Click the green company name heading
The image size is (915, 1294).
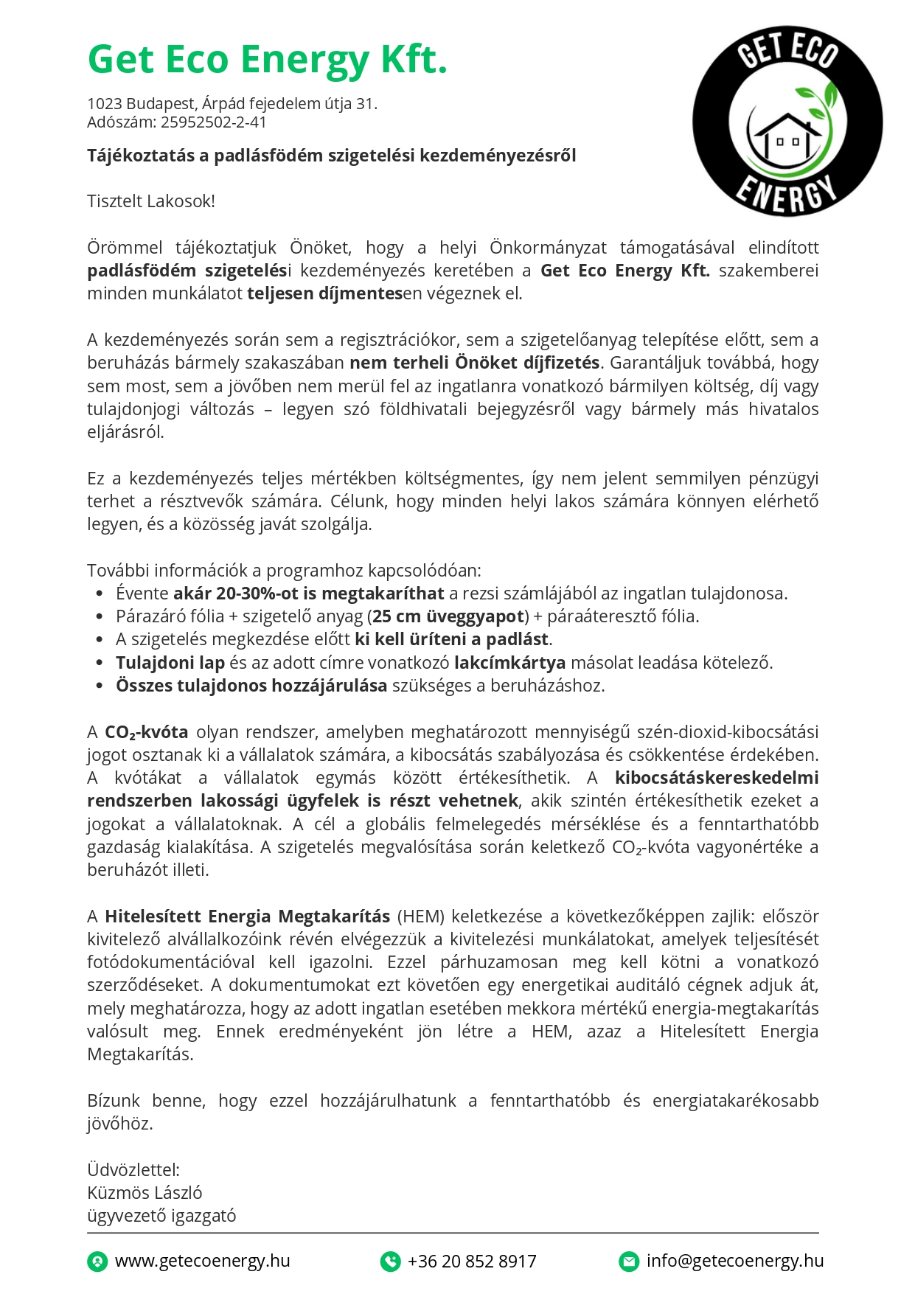tap(267, 60)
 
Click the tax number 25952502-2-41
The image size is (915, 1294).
tap(213, 122)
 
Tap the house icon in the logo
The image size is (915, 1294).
tap(787, 136)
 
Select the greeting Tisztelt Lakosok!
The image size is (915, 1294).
tap(151, 201)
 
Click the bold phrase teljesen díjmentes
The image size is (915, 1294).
tap(324, 293)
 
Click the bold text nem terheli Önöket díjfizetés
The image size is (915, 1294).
tap(474, 363)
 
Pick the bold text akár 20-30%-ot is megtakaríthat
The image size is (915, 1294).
tap(308, 594)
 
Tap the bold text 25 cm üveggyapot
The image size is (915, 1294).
tap(448, 616)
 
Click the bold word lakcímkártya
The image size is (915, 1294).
tap(509, 663)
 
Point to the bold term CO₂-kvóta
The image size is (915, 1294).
tap(146, 732)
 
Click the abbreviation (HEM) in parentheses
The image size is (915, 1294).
tap(421, 916)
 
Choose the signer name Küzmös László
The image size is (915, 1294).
tap(145, 1193)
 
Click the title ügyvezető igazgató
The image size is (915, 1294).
tap(161, 1216)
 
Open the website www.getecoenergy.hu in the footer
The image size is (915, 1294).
tap(202, 1262)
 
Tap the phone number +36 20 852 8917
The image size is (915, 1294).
tap(472, 1262)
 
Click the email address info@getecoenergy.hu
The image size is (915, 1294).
tap(734, 1262)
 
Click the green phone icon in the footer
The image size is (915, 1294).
tap(390, 1262)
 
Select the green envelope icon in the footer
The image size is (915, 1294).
tap(628, 1262)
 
